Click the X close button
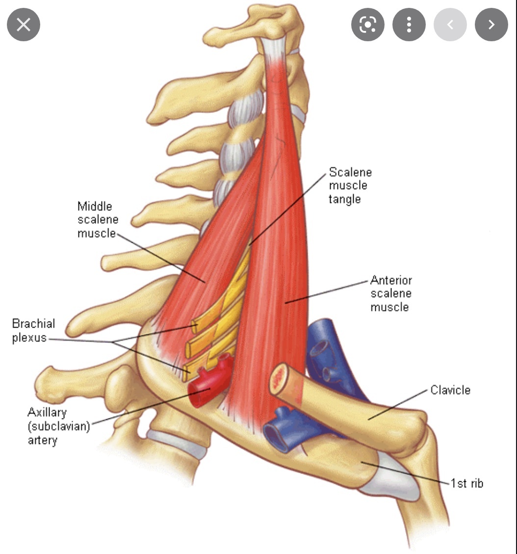click(23, 25)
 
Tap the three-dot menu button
click(409, 25)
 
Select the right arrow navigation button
click(491, 25)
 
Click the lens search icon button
click(367, 25)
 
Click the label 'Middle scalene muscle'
click(97, 219)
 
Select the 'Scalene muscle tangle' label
click(350, 186)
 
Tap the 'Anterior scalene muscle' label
click(390, 294)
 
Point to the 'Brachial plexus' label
click(33, 331)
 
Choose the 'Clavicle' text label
click(450, 390)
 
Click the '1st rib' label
click(467, 483)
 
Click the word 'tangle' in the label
click(344, 199)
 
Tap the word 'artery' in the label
click(42, 440)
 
